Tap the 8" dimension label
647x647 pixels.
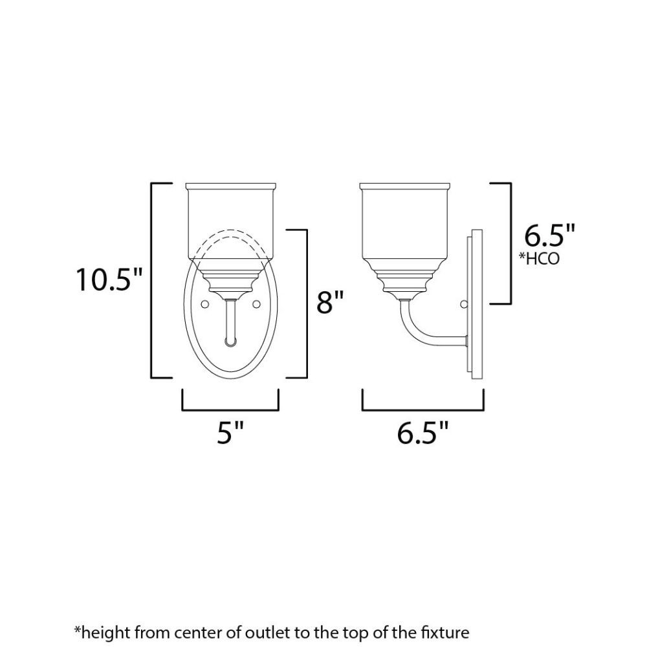tap(330, 302)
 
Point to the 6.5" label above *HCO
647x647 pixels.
tap(549, 236)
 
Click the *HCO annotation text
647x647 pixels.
tap(539, 259)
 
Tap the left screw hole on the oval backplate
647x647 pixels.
tap(204, 304)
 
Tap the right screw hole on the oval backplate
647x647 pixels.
tap(256, 304)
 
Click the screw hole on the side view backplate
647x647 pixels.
tap(464, 304)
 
